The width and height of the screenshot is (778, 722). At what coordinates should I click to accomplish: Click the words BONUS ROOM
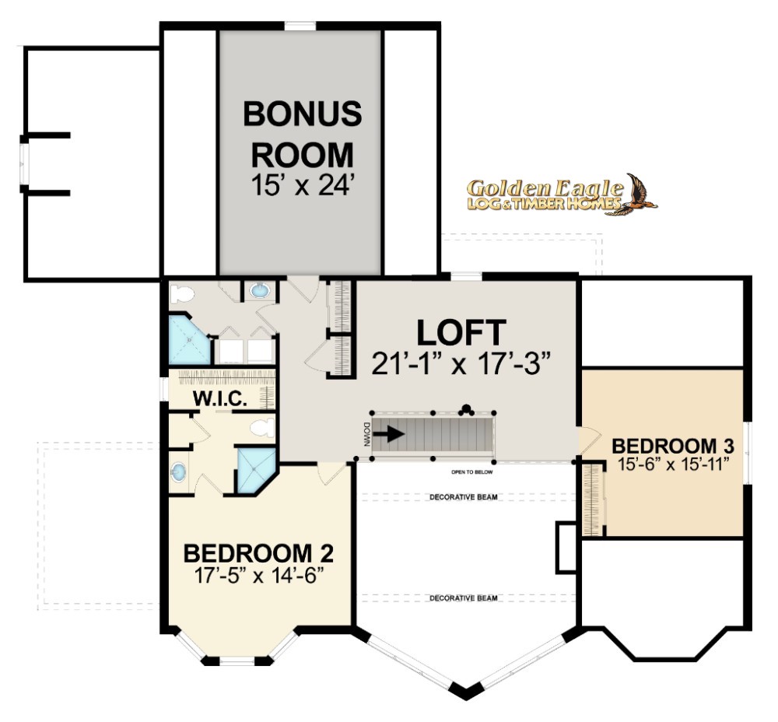[x=302, y=134]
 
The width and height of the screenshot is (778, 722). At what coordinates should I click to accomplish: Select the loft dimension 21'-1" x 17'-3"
[x=461, y=364]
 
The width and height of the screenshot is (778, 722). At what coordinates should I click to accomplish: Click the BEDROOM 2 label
[x=258, y=553]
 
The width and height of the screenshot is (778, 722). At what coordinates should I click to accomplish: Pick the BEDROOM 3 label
[x=673, y=446]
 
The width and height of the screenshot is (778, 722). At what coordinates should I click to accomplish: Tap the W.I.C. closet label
[x=220, y=398]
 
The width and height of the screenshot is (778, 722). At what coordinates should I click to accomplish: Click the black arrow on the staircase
[x=388, y=434]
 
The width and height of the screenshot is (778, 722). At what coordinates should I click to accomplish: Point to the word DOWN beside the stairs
[x=366, y=434]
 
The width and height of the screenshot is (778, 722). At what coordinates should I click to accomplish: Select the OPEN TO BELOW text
[x=472, y=472]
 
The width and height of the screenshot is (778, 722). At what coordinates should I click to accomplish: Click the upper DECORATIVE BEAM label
[x=464, y=496]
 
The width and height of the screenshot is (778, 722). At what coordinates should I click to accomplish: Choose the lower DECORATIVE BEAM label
[x=464, y=598]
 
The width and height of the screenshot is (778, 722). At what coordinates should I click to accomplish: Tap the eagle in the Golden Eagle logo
[x=639, y=195]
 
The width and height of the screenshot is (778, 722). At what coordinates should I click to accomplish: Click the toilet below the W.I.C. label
[x=262, y=427]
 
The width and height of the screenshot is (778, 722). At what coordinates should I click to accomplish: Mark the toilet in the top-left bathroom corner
[x=181, y=293]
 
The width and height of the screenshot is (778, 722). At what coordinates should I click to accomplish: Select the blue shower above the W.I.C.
[x=189, y=340]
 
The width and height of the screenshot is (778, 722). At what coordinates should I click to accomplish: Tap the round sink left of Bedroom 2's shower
[x=179, y=471]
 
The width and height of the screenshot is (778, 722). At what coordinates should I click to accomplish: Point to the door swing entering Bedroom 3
[x=588, y=440]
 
